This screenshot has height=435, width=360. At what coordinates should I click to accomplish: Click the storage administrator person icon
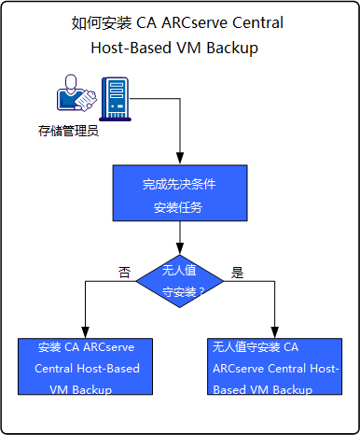click(x=71, y=99)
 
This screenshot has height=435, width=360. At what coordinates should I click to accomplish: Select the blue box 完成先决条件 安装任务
click(x=177, y=194)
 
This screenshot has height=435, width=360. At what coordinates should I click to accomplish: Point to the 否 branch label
click(x=123, y=272)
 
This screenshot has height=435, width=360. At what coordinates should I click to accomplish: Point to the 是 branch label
click(x=237, y=273)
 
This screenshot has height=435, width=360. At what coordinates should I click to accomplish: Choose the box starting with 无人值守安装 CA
click(x=273, y=368)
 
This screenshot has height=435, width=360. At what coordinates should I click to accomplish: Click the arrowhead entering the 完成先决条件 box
click(x=177, y=161)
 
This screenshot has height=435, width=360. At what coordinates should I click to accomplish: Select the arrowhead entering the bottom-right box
click(x=273, y=332)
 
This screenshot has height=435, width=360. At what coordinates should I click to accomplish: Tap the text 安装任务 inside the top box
click(x=177, y=206)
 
